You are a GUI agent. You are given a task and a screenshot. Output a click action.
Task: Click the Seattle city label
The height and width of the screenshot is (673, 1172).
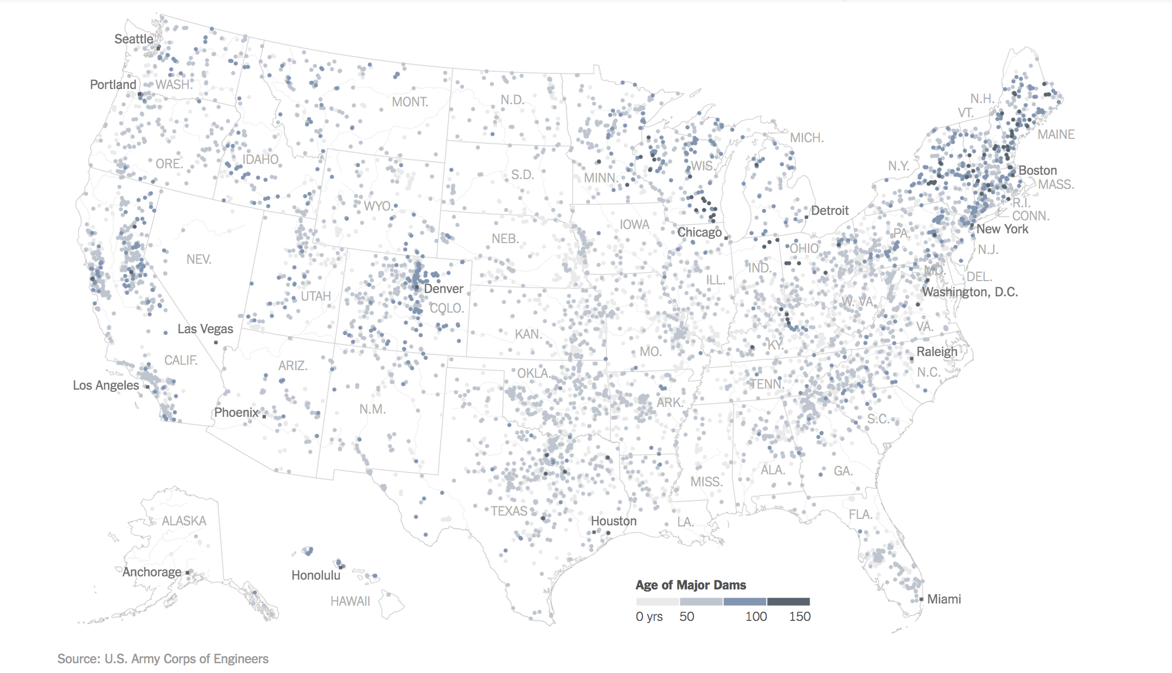pyautogui.click(x=133, y=39)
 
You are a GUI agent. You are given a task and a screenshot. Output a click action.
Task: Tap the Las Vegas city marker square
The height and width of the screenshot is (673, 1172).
pyautogui.click(x=216, y=342)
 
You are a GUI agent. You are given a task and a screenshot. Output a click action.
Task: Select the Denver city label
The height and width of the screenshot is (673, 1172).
pyautogui.click(x=443, y=289)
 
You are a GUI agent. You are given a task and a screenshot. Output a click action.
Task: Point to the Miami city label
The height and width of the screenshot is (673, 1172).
pyautogui.click(x=944, y=599)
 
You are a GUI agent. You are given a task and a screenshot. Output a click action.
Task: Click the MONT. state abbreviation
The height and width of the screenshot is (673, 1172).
pyautogui.click(x=410, y=102)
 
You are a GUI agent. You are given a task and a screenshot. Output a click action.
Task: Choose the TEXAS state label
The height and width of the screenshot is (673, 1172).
pyautogui.click(x=509, y=511)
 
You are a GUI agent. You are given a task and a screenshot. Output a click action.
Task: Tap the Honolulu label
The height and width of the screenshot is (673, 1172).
pyautogui.click(x=316, y=575)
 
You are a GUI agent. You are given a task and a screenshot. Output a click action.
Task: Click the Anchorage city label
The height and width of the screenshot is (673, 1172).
pyautogui.click(x=152, y=572)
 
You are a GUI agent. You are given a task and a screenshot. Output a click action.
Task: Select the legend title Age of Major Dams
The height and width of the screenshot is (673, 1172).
pyautogui.click(x=691, y=585)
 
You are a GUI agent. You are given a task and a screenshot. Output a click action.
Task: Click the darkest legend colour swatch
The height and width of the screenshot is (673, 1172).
pyautogui.click(x=788, y=601)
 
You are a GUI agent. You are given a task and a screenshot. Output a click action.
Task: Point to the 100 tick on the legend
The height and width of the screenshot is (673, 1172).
pyautogui.click(x=756, y=617)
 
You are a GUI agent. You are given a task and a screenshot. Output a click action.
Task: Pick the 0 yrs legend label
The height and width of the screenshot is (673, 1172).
pyautogui.click(x=649, y=617)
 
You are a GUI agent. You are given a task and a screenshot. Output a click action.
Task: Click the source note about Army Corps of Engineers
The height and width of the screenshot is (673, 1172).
pyautogui.click(x=163, y=659)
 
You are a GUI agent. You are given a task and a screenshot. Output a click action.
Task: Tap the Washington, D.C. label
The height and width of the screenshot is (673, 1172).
pyautogui.click(x=970, y=292)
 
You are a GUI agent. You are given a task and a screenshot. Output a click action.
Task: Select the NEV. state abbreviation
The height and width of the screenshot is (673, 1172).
pyautogui.click(x=199, y=259)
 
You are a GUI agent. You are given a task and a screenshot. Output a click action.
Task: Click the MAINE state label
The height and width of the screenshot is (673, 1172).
pyautogui.click(x=1056, y=135)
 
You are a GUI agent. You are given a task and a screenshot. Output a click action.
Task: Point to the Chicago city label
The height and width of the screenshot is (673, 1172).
pyautogui.click(x=699, y=232)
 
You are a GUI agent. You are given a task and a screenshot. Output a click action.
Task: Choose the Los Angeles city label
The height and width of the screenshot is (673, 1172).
pyautogui.click(x=106, y=385)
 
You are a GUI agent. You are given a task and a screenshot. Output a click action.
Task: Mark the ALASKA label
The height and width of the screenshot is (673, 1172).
pyautogui.click(x=184, y=521)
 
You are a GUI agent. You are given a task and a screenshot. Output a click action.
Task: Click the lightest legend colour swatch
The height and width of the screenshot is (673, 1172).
pyautogui.click(x=658, y=601)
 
